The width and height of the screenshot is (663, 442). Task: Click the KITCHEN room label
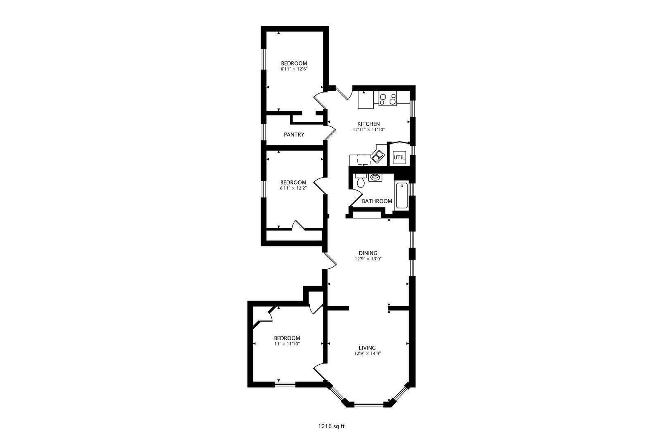click(368, 124)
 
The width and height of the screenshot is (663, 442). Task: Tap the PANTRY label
click(294, 135)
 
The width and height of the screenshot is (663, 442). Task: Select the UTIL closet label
click(399, 158)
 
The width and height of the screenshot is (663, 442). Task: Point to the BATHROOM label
click(377, 201)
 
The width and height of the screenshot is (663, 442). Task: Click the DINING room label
click(368, 253)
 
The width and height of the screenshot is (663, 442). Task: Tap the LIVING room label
click(368, 348)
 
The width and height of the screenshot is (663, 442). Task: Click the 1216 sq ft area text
click(331, 426)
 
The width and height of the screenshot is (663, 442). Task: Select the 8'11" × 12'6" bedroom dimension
click(294, 70)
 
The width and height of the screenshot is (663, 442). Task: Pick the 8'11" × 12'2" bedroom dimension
click(293, 188)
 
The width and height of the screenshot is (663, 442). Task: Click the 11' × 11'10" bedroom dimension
click(287, 344)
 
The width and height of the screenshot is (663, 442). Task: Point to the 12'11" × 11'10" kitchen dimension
click(368, 130)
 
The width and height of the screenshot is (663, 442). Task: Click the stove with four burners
click(388, 99)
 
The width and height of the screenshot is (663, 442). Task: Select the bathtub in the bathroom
click(401, 196)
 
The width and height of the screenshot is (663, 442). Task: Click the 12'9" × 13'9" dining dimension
click(368, 259)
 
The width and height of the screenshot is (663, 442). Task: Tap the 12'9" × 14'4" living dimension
click(368, 354)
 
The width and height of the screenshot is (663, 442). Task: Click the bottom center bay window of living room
click(368, 405)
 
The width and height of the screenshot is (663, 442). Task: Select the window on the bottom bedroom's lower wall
click(284, 384)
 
